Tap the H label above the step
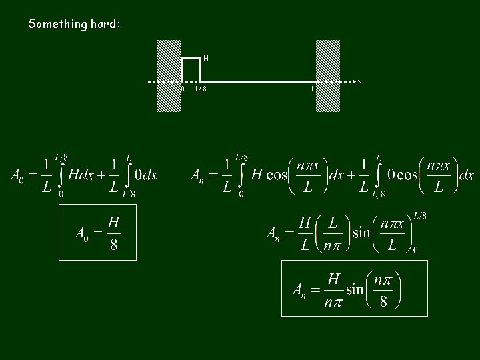click(x=206, y=58)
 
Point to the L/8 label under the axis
click(x=201, y=89)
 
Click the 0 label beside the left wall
click(x=183, y=88)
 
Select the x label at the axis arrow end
click(x=359, y=82)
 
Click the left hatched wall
click(x=169, y=75)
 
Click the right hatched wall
click(x=327, y=75)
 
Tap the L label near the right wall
click(x=313, y=89)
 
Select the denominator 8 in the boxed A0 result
click(x=114, y=245)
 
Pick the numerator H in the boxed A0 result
click(x=114, y=221)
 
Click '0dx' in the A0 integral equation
click(x=145, y=175)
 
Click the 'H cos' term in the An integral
click(x=269, y=175)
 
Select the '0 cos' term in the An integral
click(x=403, y=175)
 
